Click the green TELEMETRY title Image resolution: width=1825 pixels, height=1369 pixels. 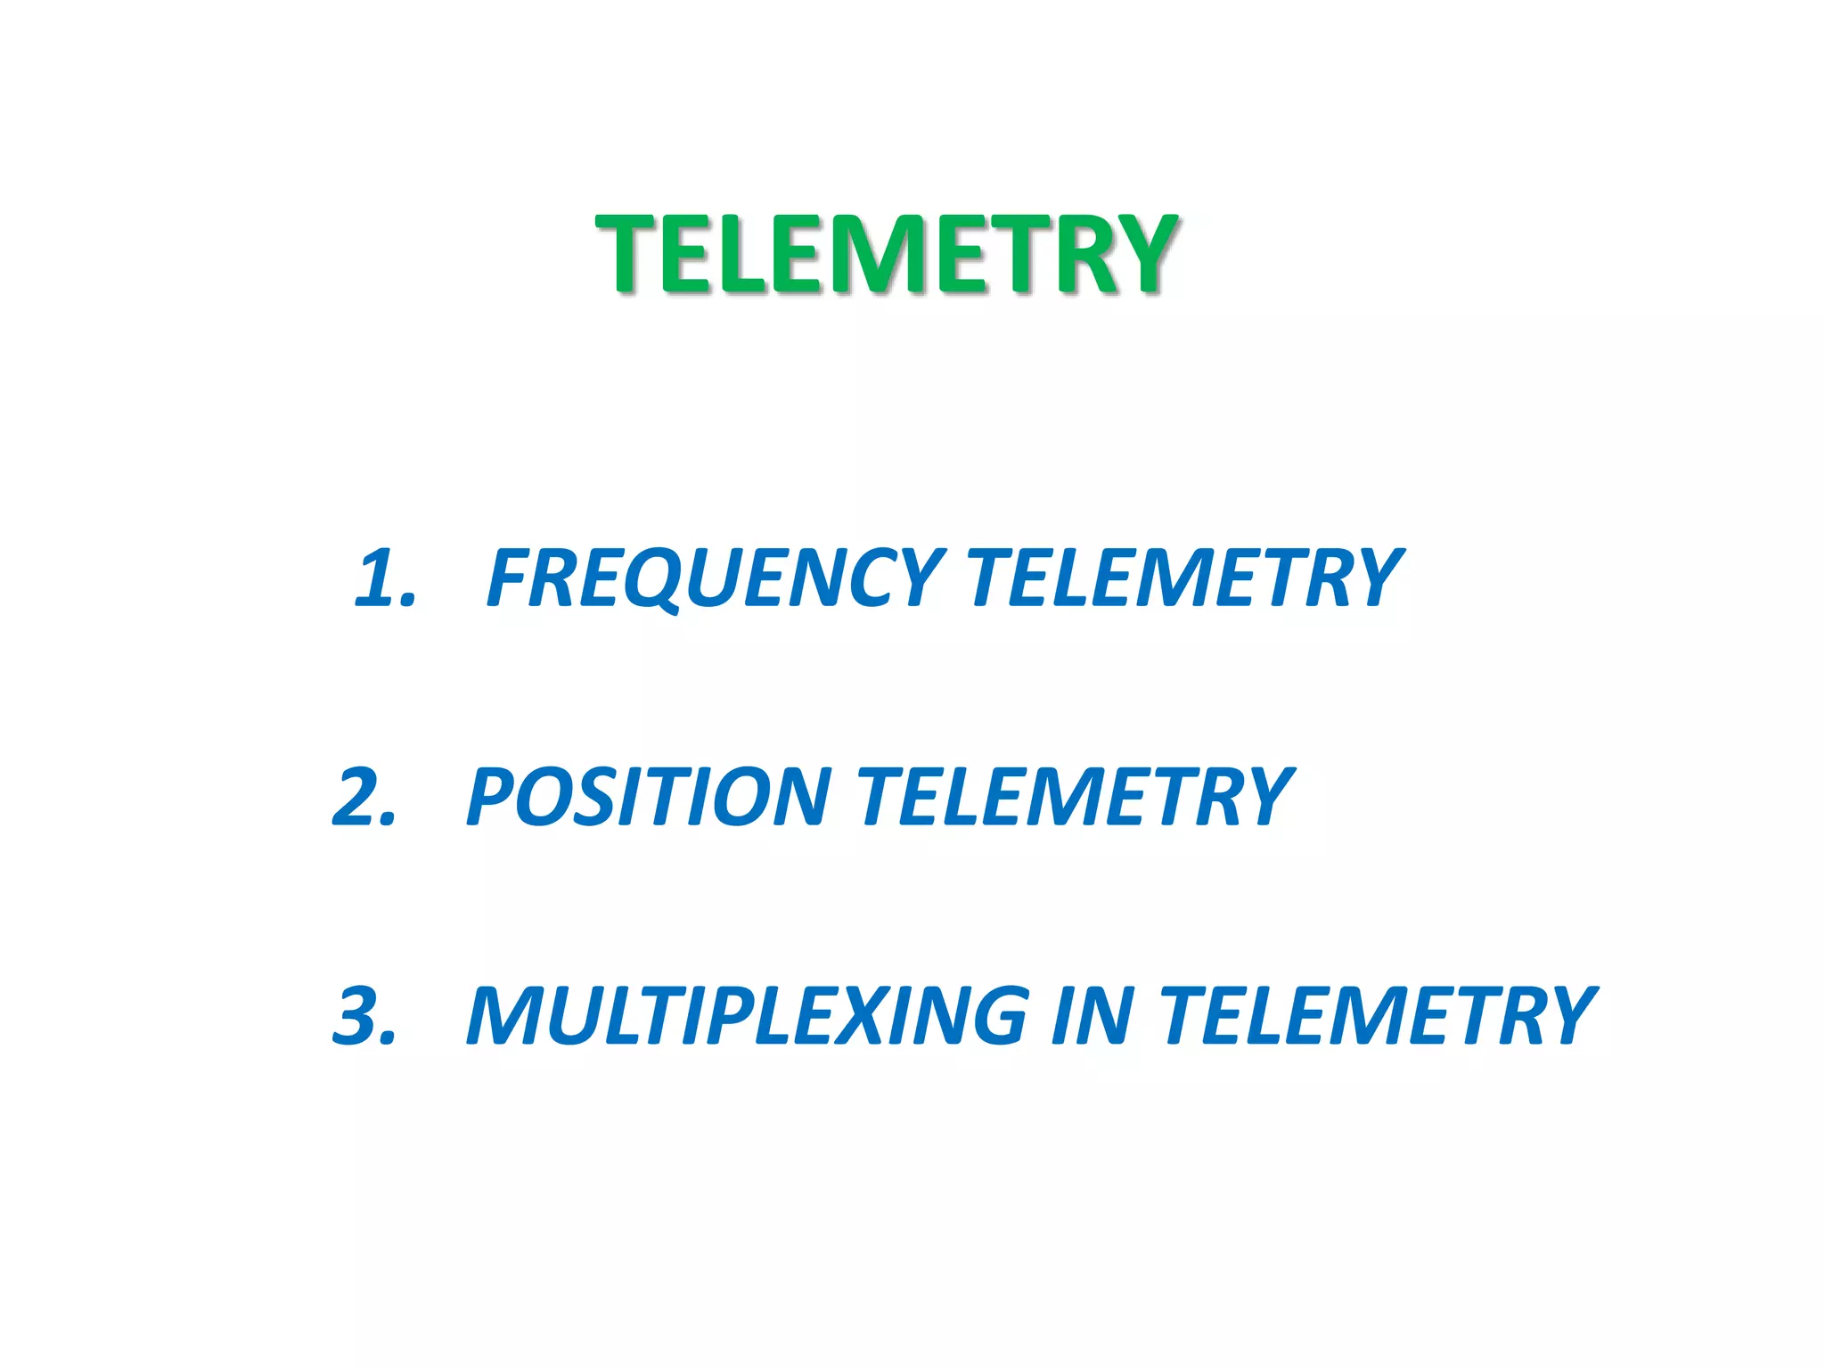click(x=888, y=254)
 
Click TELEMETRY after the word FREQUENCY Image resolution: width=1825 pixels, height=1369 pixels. click(x=1185, y=578)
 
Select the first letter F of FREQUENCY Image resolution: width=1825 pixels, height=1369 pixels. click(x=511, y=578)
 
